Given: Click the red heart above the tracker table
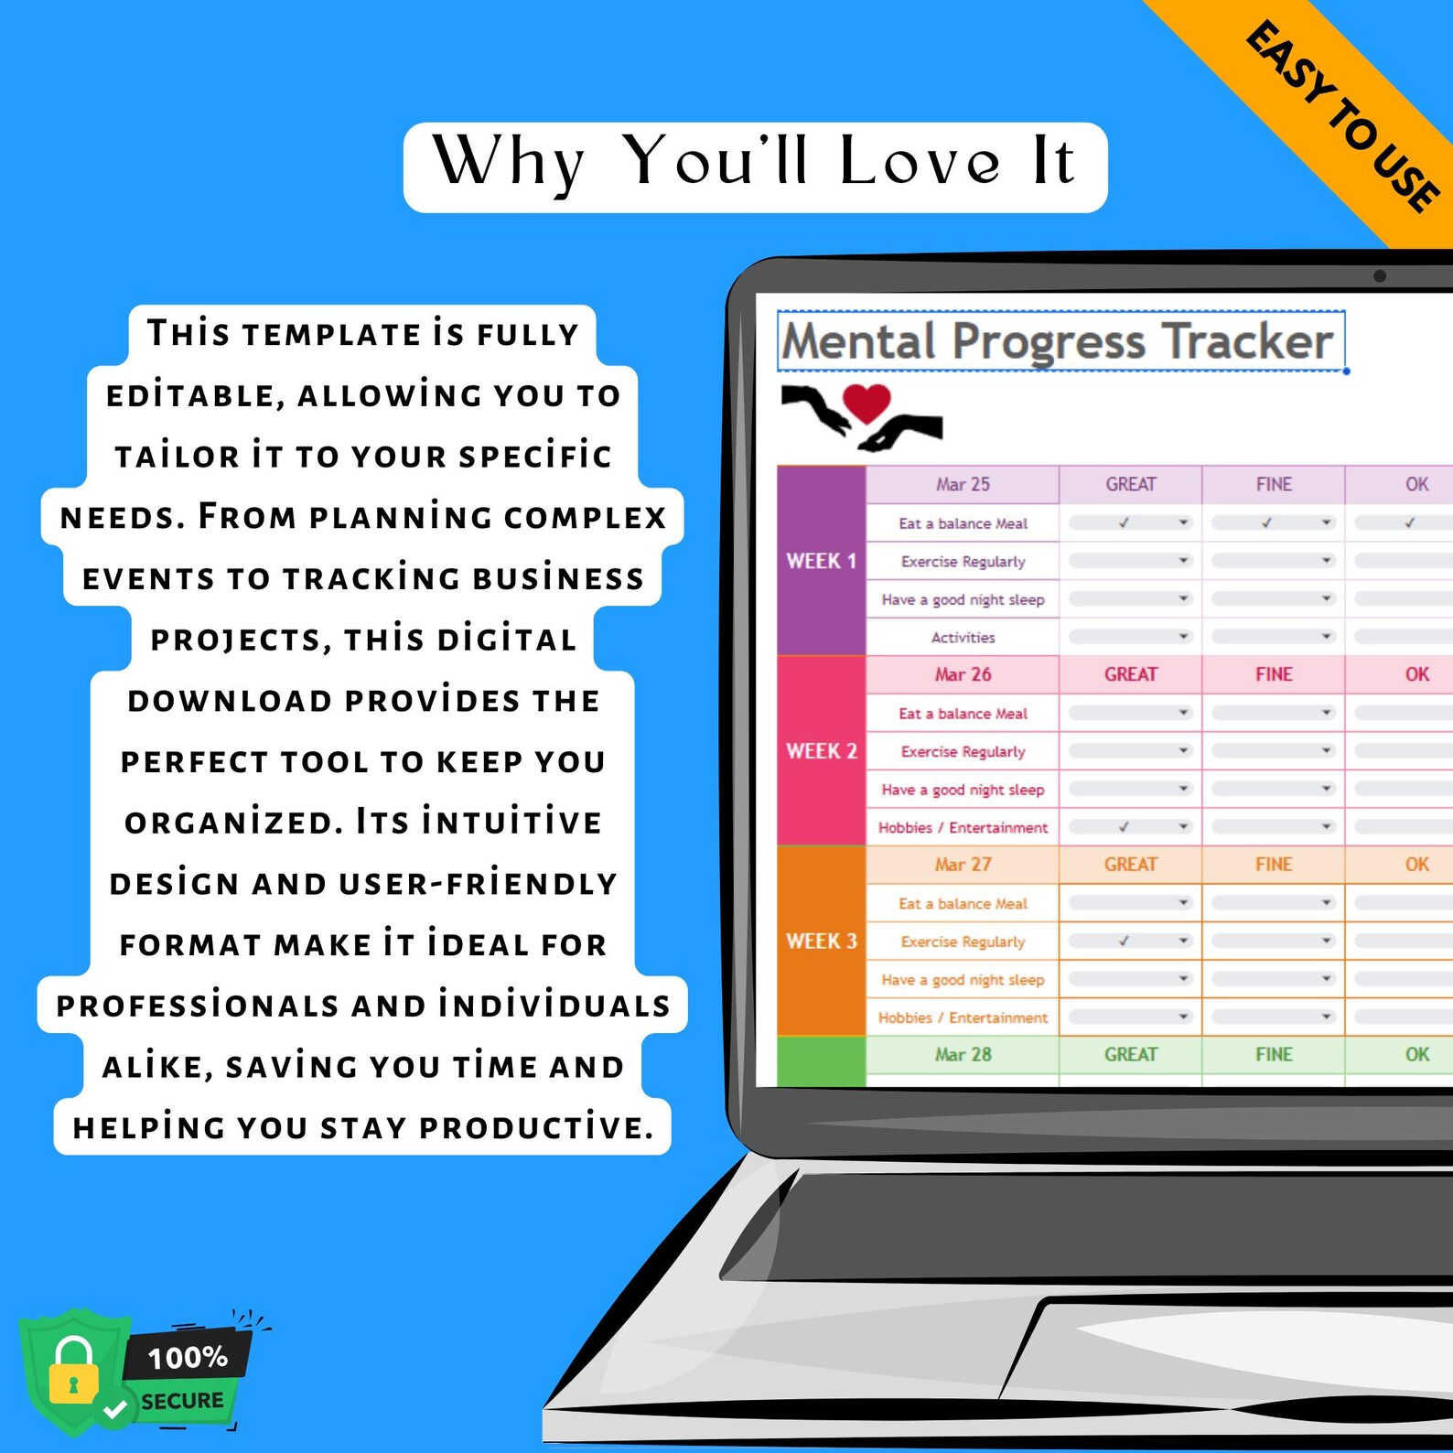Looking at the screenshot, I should tap(866, 402).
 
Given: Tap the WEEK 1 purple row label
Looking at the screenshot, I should tap(821, 561).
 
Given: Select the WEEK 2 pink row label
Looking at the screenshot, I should tap(821, 751).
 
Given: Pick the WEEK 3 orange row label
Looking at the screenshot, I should tap(821, 941).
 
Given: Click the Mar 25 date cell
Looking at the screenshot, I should tap(963, 484).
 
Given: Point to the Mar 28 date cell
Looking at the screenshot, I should tap(963, 1054).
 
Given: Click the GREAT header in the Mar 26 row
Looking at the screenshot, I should tap(1130, 674).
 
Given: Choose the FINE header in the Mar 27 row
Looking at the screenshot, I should tap(1273, 864).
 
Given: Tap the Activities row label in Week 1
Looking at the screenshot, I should tap(963, 637).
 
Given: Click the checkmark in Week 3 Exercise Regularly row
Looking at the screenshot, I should tap(1124, 941).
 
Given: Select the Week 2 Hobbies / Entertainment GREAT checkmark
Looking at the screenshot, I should tap(1124, 827).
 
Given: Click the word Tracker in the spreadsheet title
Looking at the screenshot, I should tap(1248, 341).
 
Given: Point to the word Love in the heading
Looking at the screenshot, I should tap(919, 162).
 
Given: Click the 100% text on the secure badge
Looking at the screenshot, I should tap(188, 1357).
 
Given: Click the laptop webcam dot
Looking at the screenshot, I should tap(1379, 275).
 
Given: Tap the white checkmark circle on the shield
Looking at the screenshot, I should tap(115, 1409).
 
